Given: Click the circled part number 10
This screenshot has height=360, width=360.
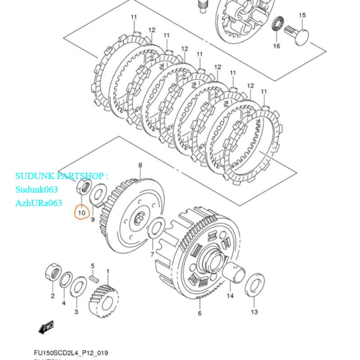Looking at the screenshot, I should tap(82, 211).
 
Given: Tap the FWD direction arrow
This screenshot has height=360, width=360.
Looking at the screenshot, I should tap(47, 327).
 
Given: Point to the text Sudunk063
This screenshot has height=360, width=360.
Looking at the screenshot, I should tap(36, 189).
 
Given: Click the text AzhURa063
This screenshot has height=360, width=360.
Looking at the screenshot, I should tap(39, 203).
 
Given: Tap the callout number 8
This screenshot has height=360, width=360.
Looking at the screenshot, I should tap(140, 165).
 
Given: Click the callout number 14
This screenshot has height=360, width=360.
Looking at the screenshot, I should tap(230, 296).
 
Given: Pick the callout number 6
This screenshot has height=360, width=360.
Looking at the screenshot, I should tap(200, 313).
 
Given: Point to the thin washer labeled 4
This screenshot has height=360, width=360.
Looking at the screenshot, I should tap(65, 280).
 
